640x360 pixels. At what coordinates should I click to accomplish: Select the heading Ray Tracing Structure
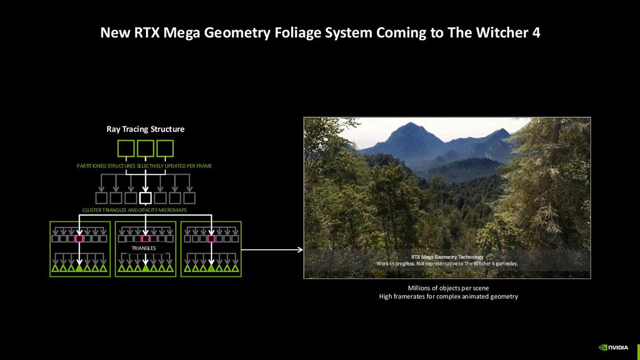(x=146, y=129)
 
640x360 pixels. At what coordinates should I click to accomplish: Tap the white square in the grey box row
(x=146, y=198)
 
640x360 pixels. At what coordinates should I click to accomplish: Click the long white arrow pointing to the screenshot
(x=272, y=249)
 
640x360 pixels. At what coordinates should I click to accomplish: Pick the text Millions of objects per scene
(x=448, y=288)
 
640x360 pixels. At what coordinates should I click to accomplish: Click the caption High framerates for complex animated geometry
(x=448, y=297)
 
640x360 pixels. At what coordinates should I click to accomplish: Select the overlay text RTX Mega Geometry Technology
(x=447, y=257)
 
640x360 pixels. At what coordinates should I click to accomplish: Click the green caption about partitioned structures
(x=144, y=166)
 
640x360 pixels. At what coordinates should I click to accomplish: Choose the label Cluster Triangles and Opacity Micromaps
(x=134, y=210)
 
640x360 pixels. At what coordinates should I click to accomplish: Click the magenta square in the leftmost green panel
(x=79, y=238)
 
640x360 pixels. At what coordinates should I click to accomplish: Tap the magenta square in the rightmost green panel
(x=211, y=238)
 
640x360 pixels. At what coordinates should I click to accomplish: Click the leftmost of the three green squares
(x=126, y=148)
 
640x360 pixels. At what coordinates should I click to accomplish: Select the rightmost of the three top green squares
(x=165, y=148)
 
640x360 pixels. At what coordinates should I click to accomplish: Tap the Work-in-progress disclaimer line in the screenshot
(x=447, y=264)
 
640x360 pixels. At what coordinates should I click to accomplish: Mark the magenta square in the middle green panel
(x=146, y=238)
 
